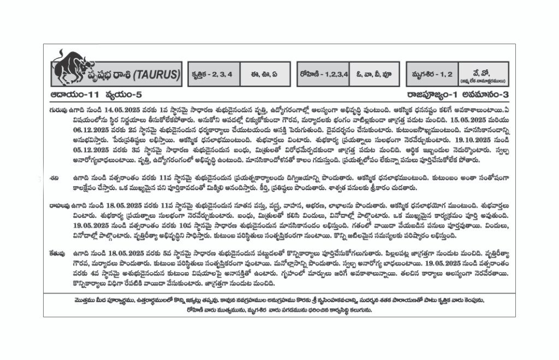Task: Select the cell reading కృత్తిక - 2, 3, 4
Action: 212,75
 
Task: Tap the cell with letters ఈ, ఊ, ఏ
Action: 263,75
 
